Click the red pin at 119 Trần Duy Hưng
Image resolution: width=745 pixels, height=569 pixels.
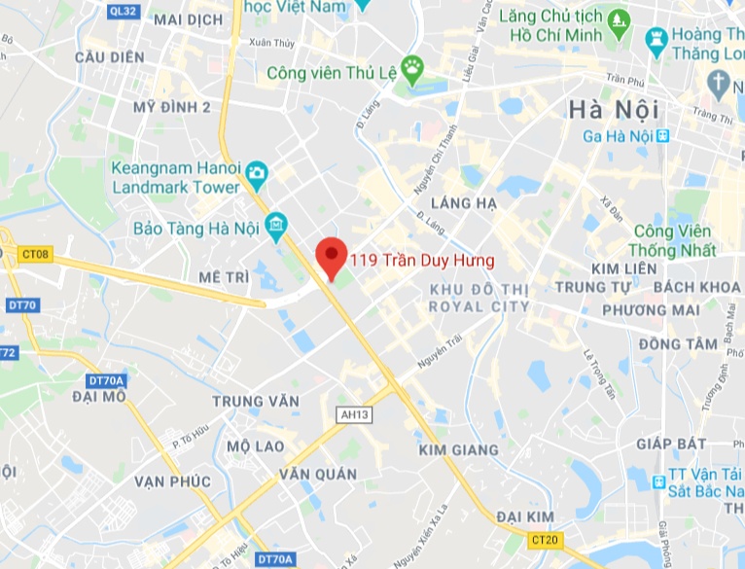pos(333,256)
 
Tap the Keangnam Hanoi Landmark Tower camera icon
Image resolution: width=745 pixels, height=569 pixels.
pos(257,175)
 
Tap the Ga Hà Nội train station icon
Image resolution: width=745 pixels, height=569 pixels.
pos(664,135)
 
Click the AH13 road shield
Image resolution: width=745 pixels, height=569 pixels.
pos(355,414)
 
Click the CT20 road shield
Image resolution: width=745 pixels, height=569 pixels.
pos(545,539)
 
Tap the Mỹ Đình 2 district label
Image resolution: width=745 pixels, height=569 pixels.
pos(173,107)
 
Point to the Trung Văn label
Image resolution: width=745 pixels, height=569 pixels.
pos(253,401)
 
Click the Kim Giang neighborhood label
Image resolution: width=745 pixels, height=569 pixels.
pos(458,450)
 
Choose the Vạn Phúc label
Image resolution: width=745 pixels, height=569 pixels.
pos(173,480)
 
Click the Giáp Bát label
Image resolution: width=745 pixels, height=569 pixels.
pos(671,444)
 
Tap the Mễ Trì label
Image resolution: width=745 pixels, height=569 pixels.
pos(224,277)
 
